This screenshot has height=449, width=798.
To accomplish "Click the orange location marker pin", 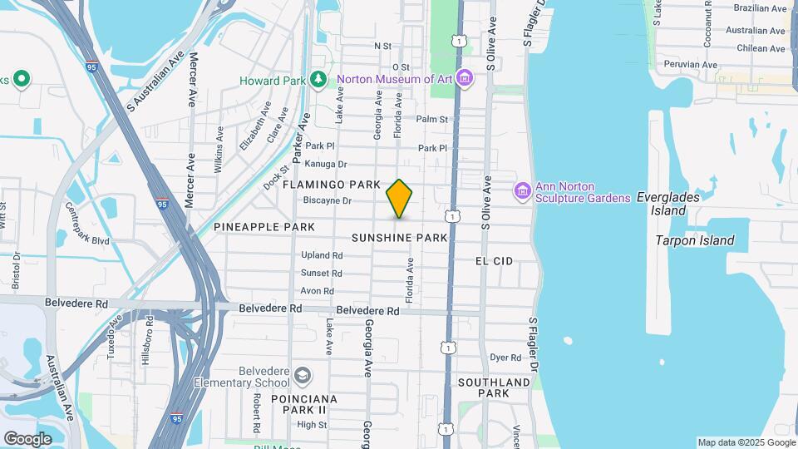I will click(x=399, y=198).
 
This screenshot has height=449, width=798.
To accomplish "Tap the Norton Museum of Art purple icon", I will click(x=465, y=80).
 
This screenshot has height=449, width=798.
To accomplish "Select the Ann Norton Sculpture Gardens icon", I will click(x=523, y=191).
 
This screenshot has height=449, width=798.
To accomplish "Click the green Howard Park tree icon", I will click(x=317, y=80).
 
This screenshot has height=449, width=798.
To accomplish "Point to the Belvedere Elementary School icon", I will click(x=302, y=376).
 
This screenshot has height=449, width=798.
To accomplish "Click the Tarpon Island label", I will click(x=695, y=240).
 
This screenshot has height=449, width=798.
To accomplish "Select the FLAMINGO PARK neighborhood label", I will click(x=331, y=184).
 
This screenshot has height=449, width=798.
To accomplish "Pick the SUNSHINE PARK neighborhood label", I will click(x=400, y=238).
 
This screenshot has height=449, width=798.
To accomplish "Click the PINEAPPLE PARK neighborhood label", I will click(x=264, y=227).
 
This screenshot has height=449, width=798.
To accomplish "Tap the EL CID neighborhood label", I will click(x=494, y=261).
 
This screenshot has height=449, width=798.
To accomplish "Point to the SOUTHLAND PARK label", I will click(x=494, y=387).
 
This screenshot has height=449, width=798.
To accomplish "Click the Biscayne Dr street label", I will click(x=328, y=200).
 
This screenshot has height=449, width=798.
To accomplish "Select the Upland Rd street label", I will click(x=322, y=255).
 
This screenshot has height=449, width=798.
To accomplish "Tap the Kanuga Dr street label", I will click(x=326, y=165).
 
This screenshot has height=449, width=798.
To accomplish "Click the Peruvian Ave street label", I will click(x=687, y=65).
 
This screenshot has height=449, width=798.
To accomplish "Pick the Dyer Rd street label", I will click(x=505, y=358).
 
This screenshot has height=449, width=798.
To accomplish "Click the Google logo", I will click(x=27, y=438).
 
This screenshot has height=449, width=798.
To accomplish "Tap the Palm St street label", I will click(x=432, y=120).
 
